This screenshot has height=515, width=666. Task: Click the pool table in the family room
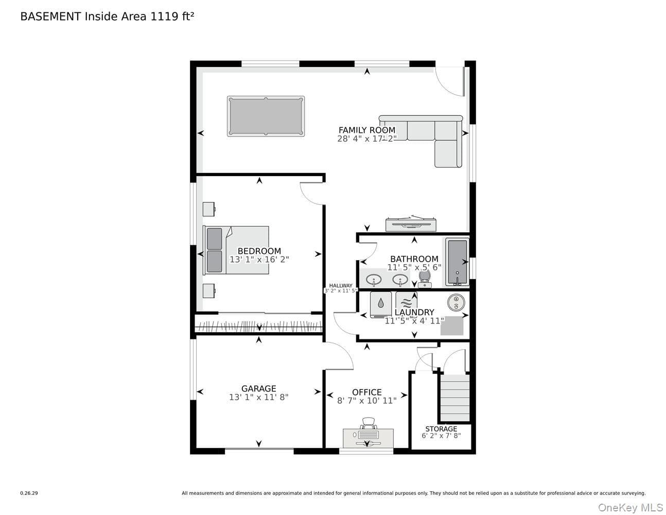pos(266,116)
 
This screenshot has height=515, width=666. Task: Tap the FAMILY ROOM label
pos(367,130)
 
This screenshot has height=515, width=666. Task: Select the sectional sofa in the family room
pos(429,135)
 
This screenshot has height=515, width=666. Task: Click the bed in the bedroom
pos(236,250)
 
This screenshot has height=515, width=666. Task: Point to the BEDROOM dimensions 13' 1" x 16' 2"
pos(259,260)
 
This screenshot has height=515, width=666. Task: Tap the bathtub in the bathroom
pos(457,263)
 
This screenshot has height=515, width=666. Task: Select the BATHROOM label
pos(414,259)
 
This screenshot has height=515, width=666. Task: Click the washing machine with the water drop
pos(381,304)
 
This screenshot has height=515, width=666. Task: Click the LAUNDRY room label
pos(414,312)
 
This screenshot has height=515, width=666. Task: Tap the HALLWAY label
pos(341,285)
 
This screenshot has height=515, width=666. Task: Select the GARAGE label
pos(259,388)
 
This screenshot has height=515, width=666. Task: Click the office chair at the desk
pos(368,423)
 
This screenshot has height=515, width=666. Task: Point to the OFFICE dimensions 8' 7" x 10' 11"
pos(367,401)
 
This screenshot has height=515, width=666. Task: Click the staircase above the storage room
pos(455,398)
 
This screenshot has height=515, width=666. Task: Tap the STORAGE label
pos(441,429)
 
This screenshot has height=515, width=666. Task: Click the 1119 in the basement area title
pos(164,16)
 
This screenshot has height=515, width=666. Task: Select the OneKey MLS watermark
pos(630,508)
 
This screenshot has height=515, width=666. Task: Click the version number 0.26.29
pos(29,493)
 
